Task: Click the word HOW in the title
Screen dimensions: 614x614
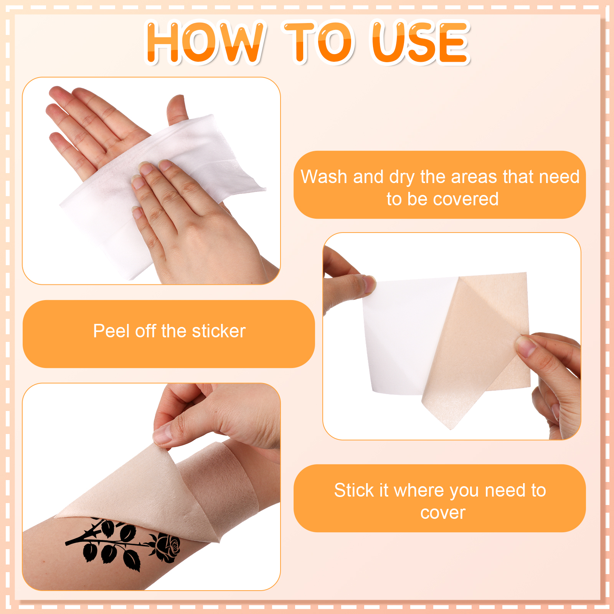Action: [205, 42]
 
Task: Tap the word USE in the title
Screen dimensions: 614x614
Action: [421, 42]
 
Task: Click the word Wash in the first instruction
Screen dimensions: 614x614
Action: [324, 177]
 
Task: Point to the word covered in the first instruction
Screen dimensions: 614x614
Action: [465, 199]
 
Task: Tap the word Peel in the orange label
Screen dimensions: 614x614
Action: [111, 331]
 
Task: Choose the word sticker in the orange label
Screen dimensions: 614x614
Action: [218, 331]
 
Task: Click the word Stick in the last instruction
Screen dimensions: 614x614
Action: [354, 490]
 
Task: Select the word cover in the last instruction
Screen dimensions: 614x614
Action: [443, 513]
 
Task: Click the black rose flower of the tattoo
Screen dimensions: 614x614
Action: [167, 547]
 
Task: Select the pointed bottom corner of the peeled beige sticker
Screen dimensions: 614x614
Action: [451, 429]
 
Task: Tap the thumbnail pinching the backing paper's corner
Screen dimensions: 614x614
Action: [370, 284]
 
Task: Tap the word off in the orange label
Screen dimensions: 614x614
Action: [145, 331]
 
